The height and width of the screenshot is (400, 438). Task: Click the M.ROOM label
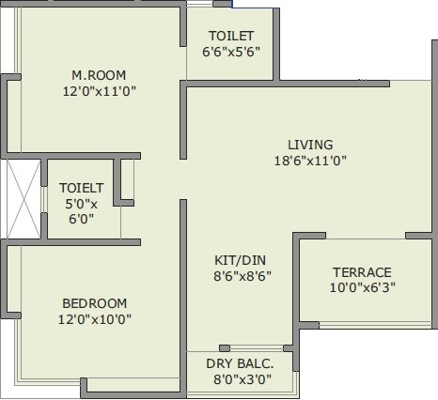point(98,75)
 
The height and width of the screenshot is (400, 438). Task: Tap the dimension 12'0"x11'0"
point(98,92)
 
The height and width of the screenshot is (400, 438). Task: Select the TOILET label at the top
point(230,37)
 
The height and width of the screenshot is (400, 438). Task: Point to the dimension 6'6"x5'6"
point(230,53)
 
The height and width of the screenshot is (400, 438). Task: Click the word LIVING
point(310,145)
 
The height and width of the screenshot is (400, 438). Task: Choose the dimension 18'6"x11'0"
point(310,161)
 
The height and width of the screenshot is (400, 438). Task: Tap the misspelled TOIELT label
point(81,187)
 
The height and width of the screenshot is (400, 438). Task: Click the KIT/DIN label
point(235,259)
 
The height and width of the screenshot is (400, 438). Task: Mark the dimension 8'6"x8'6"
point(235,276)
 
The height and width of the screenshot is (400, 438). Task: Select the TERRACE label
point(361,272)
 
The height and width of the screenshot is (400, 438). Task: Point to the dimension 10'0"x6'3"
point(361,288)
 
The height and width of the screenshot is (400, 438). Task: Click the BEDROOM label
point(94,302)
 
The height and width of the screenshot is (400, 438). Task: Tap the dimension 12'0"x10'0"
point(94,318)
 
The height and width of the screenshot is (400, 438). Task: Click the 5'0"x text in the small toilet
point(81,204)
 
